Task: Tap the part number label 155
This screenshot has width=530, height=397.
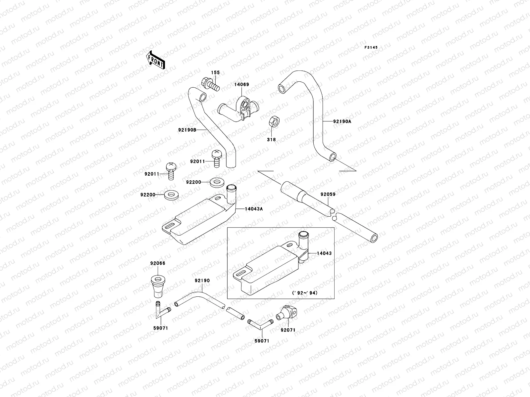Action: pyautogui.click(x=216, y=73)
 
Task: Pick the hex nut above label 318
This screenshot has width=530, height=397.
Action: pyautogui.click(x=274, y=121)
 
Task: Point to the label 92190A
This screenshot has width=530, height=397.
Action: pyautogui.click(x=342, y=121)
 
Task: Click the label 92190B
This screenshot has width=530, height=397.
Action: pyautogui.click(x=187, y=130)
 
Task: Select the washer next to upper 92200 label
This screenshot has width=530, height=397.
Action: pyautogui.click(x=217, y=182)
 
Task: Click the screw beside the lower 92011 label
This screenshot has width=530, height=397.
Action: pyautogui.click(x=171, y=171)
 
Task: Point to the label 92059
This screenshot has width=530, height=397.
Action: pyautogui.click(x=328, y=194)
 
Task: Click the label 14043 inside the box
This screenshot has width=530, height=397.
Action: pyautogui.click(x=324, y=253)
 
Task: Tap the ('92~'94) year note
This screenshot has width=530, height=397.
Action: pyautogui.click(x=305, y=293)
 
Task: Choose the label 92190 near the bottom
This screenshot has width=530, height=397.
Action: pyautogui.click(x=202, y=280)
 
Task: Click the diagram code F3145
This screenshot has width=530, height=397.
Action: pyautogui.click(x=371, y=48)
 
